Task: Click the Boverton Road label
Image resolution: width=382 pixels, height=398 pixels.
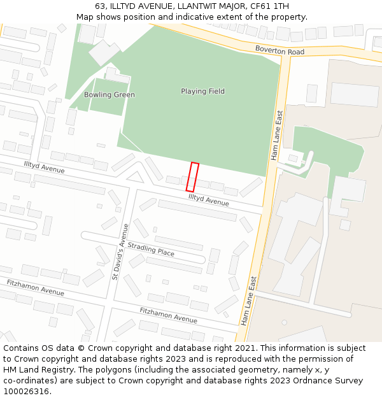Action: (279, 50)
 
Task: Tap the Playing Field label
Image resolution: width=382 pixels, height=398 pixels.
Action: (202, 91)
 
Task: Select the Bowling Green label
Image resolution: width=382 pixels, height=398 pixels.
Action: (110, 95)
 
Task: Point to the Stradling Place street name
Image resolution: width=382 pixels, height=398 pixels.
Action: (151, 249)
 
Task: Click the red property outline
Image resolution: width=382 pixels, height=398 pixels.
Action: (192, 177)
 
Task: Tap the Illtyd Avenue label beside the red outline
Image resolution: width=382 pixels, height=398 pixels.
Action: (208, 200)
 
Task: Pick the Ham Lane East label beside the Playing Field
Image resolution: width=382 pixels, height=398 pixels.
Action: (276, 135)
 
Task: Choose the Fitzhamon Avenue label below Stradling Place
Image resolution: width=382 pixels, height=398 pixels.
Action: (168, 315)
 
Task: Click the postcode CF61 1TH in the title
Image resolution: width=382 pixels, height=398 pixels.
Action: (262, 6)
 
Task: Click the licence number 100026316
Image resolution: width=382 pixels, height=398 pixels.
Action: (26, 391)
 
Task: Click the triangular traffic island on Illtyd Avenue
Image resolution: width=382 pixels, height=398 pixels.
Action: (135, 176)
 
